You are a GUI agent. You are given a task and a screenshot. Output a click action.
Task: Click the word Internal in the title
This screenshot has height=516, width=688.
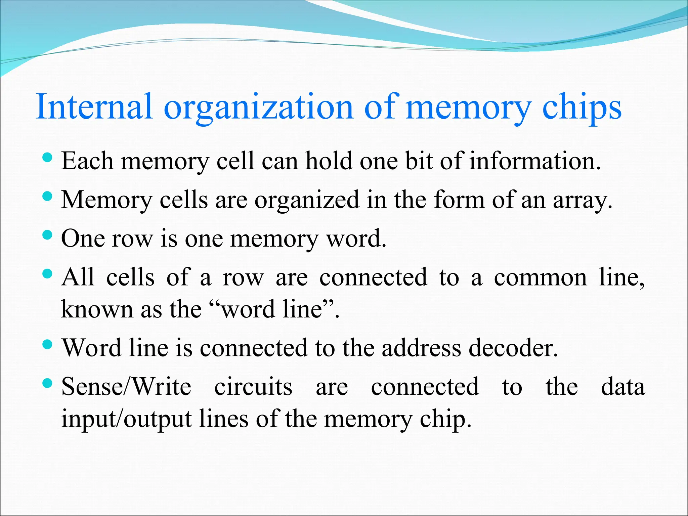tap(94, 107)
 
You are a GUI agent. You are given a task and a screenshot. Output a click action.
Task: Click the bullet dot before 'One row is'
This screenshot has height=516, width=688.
tap(48, 235)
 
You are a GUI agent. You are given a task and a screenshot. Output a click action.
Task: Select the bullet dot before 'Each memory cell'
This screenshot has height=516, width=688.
tap(48, 157)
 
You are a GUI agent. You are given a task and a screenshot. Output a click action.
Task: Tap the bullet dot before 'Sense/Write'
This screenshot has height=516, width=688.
tap(48, 383)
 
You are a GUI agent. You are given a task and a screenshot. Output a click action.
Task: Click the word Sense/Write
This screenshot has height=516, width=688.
tap(126, 387)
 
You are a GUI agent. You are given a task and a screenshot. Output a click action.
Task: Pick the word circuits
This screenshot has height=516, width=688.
tap(253, 387)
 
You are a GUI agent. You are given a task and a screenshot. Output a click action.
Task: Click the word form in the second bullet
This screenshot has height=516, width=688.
tap(459, 200)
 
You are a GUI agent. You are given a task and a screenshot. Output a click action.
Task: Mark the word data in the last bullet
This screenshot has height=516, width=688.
tap(623, 387)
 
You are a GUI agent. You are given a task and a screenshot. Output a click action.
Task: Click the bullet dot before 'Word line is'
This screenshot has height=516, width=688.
tap(48, 344)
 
